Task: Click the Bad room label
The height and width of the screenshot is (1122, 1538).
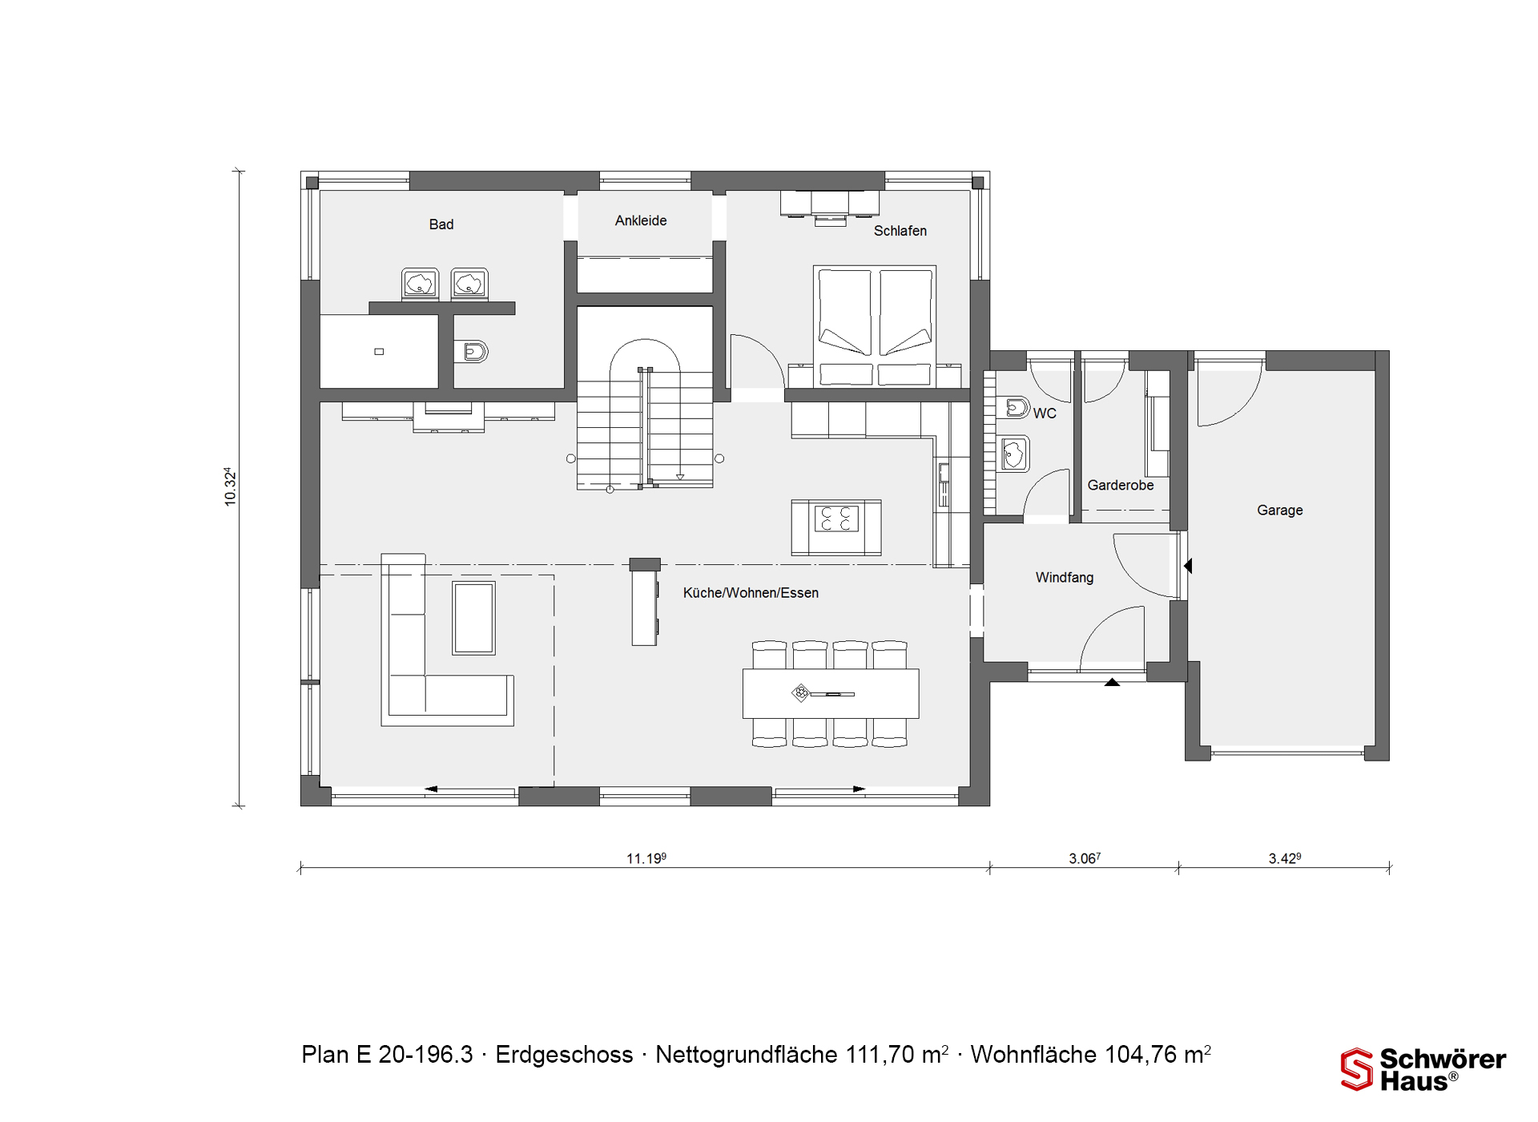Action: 441,224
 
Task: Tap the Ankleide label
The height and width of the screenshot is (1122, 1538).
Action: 641,220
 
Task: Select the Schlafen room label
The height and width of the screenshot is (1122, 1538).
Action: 900,231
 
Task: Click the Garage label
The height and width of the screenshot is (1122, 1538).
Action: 1279,511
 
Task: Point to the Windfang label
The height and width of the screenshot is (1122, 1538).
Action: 1064,577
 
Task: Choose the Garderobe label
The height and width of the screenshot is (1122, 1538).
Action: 1121,485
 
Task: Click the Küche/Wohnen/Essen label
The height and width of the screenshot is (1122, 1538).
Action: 751,593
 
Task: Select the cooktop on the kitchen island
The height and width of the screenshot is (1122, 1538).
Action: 836,519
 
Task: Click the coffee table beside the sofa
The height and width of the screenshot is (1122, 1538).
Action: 473,618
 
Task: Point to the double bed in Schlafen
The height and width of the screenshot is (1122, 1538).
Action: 875,326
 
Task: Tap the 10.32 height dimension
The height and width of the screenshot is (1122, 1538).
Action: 231,486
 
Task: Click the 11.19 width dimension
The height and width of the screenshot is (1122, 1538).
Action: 646,858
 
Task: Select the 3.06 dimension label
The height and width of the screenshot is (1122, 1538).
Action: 1085,858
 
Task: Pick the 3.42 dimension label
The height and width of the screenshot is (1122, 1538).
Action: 1284,858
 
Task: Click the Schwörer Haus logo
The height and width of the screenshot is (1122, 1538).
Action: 1423,1069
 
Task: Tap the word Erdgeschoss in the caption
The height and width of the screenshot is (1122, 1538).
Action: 564,1055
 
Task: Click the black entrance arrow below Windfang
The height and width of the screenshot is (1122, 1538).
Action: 1112,682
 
